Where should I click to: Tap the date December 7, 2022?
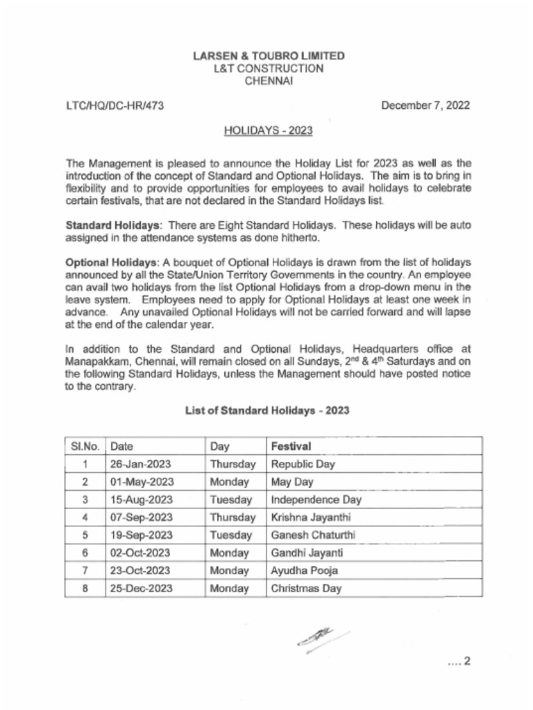click(x=425, y=106)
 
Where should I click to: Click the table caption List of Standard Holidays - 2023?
click(x=266, y=410)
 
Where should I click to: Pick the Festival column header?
click(x=291, y=446)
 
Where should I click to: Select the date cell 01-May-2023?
click(x=142, y=482)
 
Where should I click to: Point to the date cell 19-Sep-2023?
click(x=142, y=535)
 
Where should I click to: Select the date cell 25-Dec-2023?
click(x=142, y=589)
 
